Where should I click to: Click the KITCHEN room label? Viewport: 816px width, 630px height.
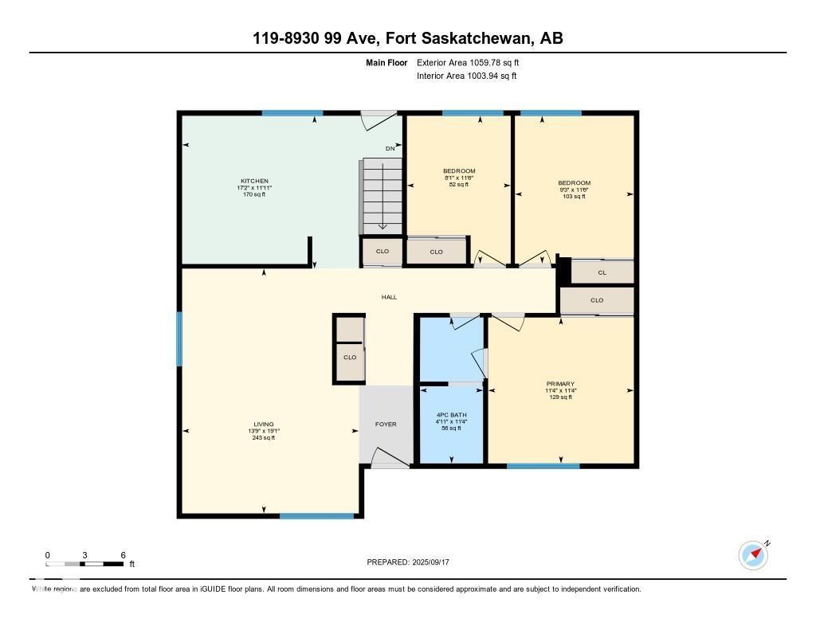pyautogui.click(x=255, y=181)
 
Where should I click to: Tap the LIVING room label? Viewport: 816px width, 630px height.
pyautogui.click(x=264, y=424)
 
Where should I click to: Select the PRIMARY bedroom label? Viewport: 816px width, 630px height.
pyautogui.click(x=560, y=383)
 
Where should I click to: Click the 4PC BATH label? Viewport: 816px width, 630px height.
pyautogui.click(x=451, y=415)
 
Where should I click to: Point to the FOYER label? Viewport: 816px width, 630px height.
pyautogui.click(x=386, y=425)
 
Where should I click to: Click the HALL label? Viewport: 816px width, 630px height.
pyautogui.click(x=389, y=297)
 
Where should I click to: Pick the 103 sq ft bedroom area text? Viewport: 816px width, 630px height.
pyautogui.click(x=574, y=196)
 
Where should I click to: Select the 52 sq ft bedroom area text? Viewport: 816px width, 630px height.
pyautogui.click(x=459, y=185)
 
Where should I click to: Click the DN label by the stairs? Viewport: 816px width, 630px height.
pyautogui.click(x=390, y=149)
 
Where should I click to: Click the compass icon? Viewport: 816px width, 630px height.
pyautogui.click(x=753, y=554)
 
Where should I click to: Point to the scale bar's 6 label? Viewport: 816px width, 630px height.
pyautogui.click(x=123, y=555)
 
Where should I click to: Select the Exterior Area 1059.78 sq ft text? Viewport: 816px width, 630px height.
pyautogui.click(x=468, y=62)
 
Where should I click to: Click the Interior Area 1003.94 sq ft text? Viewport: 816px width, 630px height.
pyautogui.click(x=466, y=76)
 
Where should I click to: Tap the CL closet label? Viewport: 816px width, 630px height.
pyautogui.click(x=602, y=272)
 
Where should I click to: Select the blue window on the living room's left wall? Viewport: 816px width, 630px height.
pyautogui.click(x=179, y=338)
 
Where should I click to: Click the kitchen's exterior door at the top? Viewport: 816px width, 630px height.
pyautogui.click(x=379, y=119)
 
